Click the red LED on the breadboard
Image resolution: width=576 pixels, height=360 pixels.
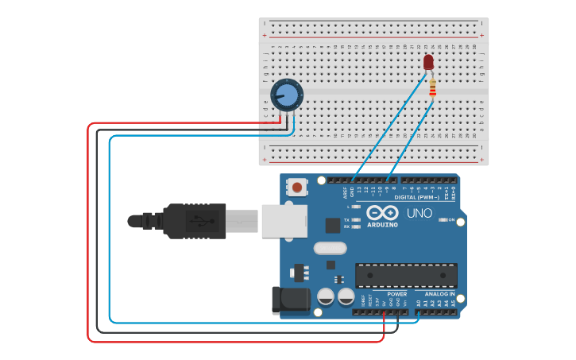429,62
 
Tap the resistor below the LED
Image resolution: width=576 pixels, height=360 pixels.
432,87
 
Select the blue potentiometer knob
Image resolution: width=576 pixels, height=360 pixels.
287,95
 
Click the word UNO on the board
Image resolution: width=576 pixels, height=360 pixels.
419,213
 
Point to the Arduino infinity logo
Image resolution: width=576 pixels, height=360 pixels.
382,212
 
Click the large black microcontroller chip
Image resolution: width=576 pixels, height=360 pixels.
405,275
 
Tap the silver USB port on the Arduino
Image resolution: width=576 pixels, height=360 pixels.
284,221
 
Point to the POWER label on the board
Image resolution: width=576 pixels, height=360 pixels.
397,294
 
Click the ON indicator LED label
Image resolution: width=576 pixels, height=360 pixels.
451,220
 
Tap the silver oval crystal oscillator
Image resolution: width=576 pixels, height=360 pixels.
330,248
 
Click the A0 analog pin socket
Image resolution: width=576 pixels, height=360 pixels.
419,312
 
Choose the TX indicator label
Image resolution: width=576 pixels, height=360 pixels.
346,219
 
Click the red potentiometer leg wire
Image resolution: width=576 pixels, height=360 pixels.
279,118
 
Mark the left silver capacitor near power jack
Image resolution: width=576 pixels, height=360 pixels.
325,296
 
